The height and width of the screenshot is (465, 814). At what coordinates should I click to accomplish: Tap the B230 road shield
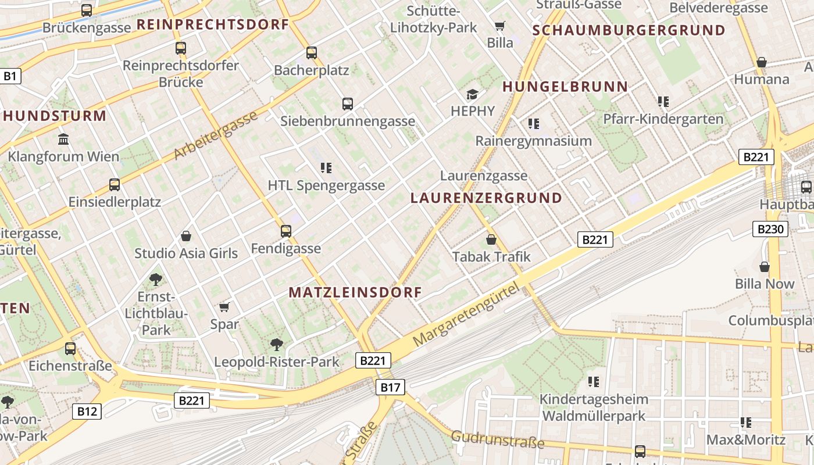pyautogui.click(x=770, y=229)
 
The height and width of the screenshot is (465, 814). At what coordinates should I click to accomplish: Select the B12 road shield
pyautogui.click(x=87, y=412)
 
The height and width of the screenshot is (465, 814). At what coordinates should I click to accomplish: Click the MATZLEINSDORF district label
pyautogui.click(x=355, y=292)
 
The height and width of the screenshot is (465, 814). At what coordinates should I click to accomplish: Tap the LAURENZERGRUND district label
pyautogui.click(x=486, y=198)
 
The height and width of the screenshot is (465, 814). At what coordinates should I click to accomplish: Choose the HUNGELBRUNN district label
pyautogui.click(x=565, y=87)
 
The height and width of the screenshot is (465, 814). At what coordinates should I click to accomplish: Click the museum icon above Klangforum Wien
pyautogui.click(x=63, y=139)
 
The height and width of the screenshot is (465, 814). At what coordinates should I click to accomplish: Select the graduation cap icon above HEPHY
pyautogui.click(x=472, y=94)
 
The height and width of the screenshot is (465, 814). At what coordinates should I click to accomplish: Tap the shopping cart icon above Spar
pyautogui.click(x=224, y=307)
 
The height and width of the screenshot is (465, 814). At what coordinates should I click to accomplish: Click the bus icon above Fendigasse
pyautogui.click(x=285, y=231)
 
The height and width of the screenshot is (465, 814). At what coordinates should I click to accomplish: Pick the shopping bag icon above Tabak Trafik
pyautogui.click(x=491, y=239)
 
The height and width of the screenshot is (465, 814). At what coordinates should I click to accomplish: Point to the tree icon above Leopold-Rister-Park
pyautogui.click(x=277, y=345)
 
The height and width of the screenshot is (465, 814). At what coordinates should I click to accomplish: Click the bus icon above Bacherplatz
pyautogui.click(x=312, y=53)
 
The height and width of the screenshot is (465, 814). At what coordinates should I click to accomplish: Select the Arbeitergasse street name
pyautogui.click(x=216, y=135)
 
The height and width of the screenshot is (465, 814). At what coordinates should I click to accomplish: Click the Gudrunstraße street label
pyautogui.click(x=498, y=439)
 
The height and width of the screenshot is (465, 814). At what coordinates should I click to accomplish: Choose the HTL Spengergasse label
pyautogui.click(x=326, y=185)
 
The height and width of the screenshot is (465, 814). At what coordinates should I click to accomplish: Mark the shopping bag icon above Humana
pyautogui.click(x=762, y=62)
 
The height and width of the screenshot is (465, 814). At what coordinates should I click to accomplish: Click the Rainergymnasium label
pyautogui.click(x=533, y=141)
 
